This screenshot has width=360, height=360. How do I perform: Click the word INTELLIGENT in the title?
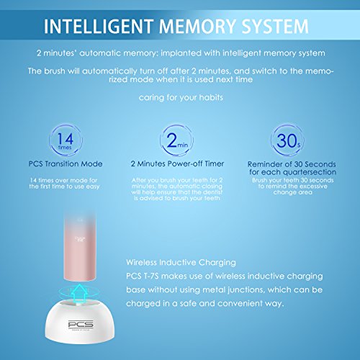tap(99, 26)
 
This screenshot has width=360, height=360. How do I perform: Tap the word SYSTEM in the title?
tap(275, 26)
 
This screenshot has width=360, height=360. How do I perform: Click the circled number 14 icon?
tap(66, 140)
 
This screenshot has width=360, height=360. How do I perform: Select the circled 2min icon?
tap(176, 140)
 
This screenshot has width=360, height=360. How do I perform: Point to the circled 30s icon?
tap(287, 140)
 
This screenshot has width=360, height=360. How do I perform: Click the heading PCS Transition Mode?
tap(66, 164)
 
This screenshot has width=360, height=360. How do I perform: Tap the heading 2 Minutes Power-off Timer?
tap(177, 163)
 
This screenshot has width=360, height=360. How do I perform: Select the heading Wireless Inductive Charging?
tap(181, 262)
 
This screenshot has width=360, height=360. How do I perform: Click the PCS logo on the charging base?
tap(81, 325)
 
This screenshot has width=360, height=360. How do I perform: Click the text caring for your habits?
tap(181, 98)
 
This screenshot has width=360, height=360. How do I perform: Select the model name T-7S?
tap(151, 276)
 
